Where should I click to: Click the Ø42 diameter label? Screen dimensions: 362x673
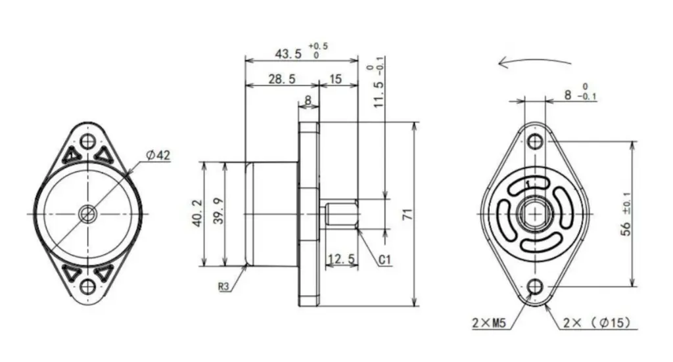(158, 155)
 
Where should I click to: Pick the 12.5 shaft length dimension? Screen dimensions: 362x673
(341, 260)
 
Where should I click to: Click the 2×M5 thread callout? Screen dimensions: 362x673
(488, 323)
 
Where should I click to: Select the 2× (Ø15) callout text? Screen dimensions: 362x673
(597, 323)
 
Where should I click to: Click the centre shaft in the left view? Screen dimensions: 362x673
(87, 214)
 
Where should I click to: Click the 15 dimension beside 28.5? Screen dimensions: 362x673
(335, 79)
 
